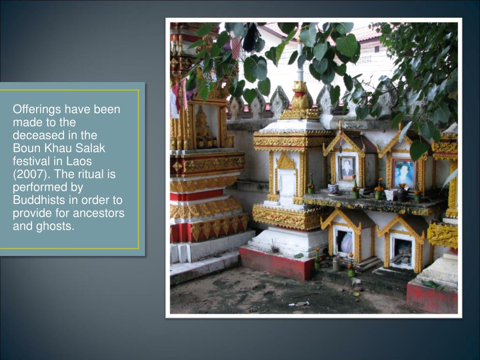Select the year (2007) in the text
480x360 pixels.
28,174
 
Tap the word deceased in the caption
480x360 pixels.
34,135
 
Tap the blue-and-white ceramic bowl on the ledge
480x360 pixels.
333,189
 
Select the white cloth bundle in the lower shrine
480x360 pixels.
346,243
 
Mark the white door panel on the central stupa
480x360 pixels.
286,182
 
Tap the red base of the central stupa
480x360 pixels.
276,262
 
